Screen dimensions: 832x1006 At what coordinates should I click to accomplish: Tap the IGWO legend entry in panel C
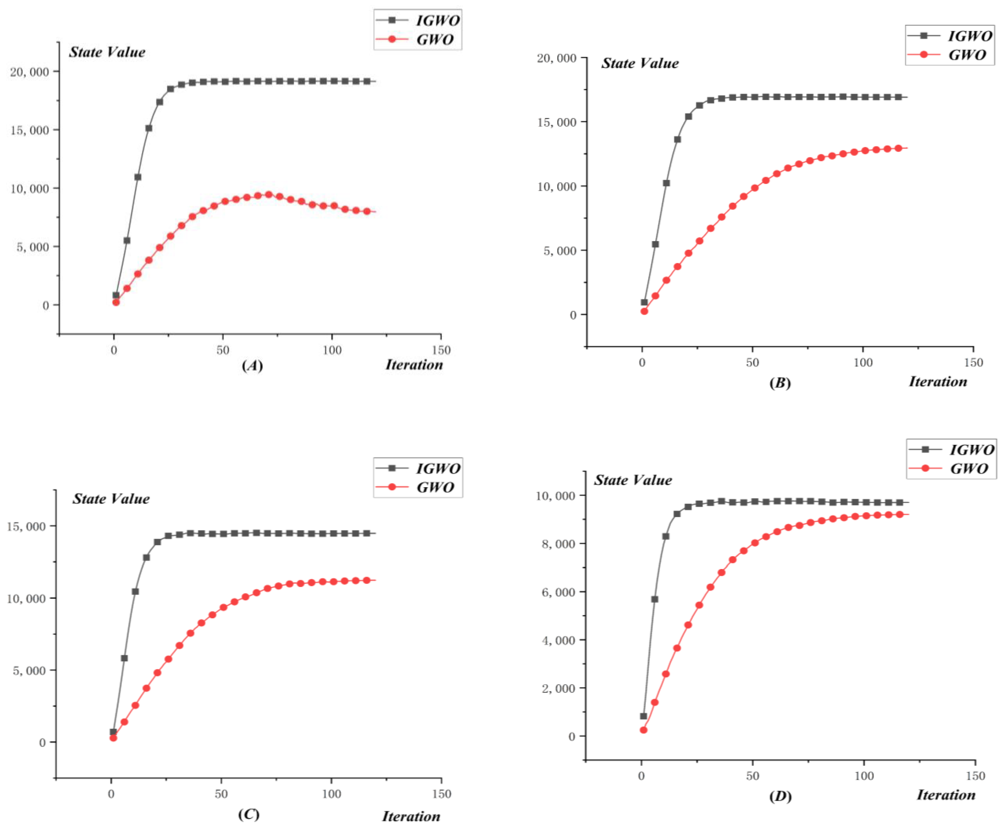[418, 468]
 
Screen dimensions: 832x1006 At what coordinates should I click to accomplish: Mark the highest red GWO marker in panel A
[269, 195]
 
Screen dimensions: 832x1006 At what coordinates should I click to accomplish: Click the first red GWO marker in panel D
[643, 730]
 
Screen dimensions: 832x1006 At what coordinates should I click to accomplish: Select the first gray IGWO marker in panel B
[644, 302]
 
